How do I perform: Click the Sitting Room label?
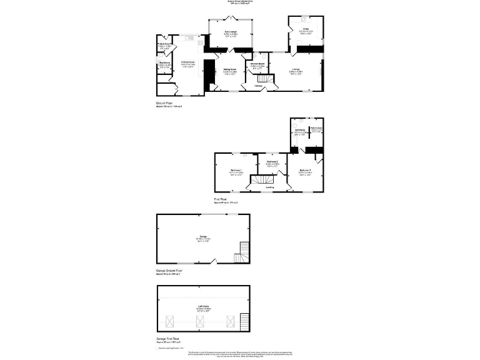tap(229, 69)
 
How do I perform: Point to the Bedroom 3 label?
tap(304, 170)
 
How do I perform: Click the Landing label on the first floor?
tap(269, 187)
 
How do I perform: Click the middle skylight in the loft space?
tap(201, 321)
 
